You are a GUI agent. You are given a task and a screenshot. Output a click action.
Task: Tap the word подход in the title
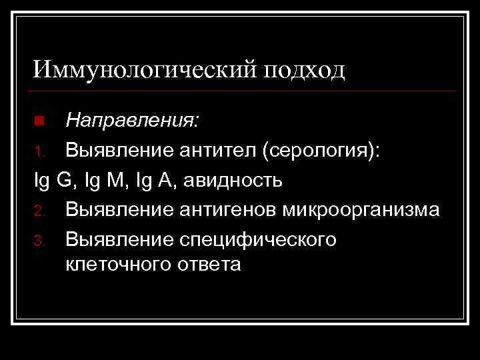[304, 69]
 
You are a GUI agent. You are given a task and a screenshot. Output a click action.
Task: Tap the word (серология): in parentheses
[322, 151]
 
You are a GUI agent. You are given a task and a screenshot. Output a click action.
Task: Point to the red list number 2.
[39, 211]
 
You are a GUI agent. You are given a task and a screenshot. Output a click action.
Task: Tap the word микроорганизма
[361, 210]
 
